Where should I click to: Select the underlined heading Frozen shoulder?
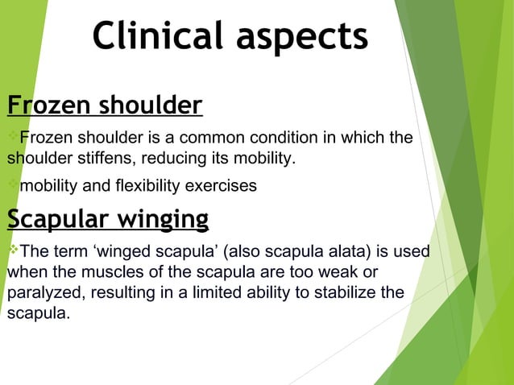105,106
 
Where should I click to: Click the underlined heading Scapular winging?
108,218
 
